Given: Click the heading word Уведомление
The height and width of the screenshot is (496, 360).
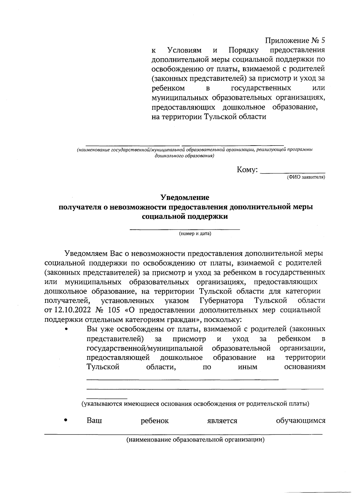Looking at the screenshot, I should [x=184, y=198].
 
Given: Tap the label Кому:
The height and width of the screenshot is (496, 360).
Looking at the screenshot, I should [x=247, y=170].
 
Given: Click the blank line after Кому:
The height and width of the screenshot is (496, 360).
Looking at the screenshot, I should [x=293, y=172].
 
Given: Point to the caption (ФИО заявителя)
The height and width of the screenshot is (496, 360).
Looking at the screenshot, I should [x=306, y=177].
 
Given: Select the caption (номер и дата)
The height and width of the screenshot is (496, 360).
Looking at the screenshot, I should [x=195, y=234].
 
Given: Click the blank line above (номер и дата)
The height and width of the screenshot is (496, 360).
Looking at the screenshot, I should [x=184, y=229].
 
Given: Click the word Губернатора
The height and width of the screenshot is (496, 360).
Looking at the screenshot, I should [x=221, y=301].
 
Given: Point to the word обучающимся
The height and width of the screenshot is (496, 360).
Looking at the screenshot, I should [x=300, y=421].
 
